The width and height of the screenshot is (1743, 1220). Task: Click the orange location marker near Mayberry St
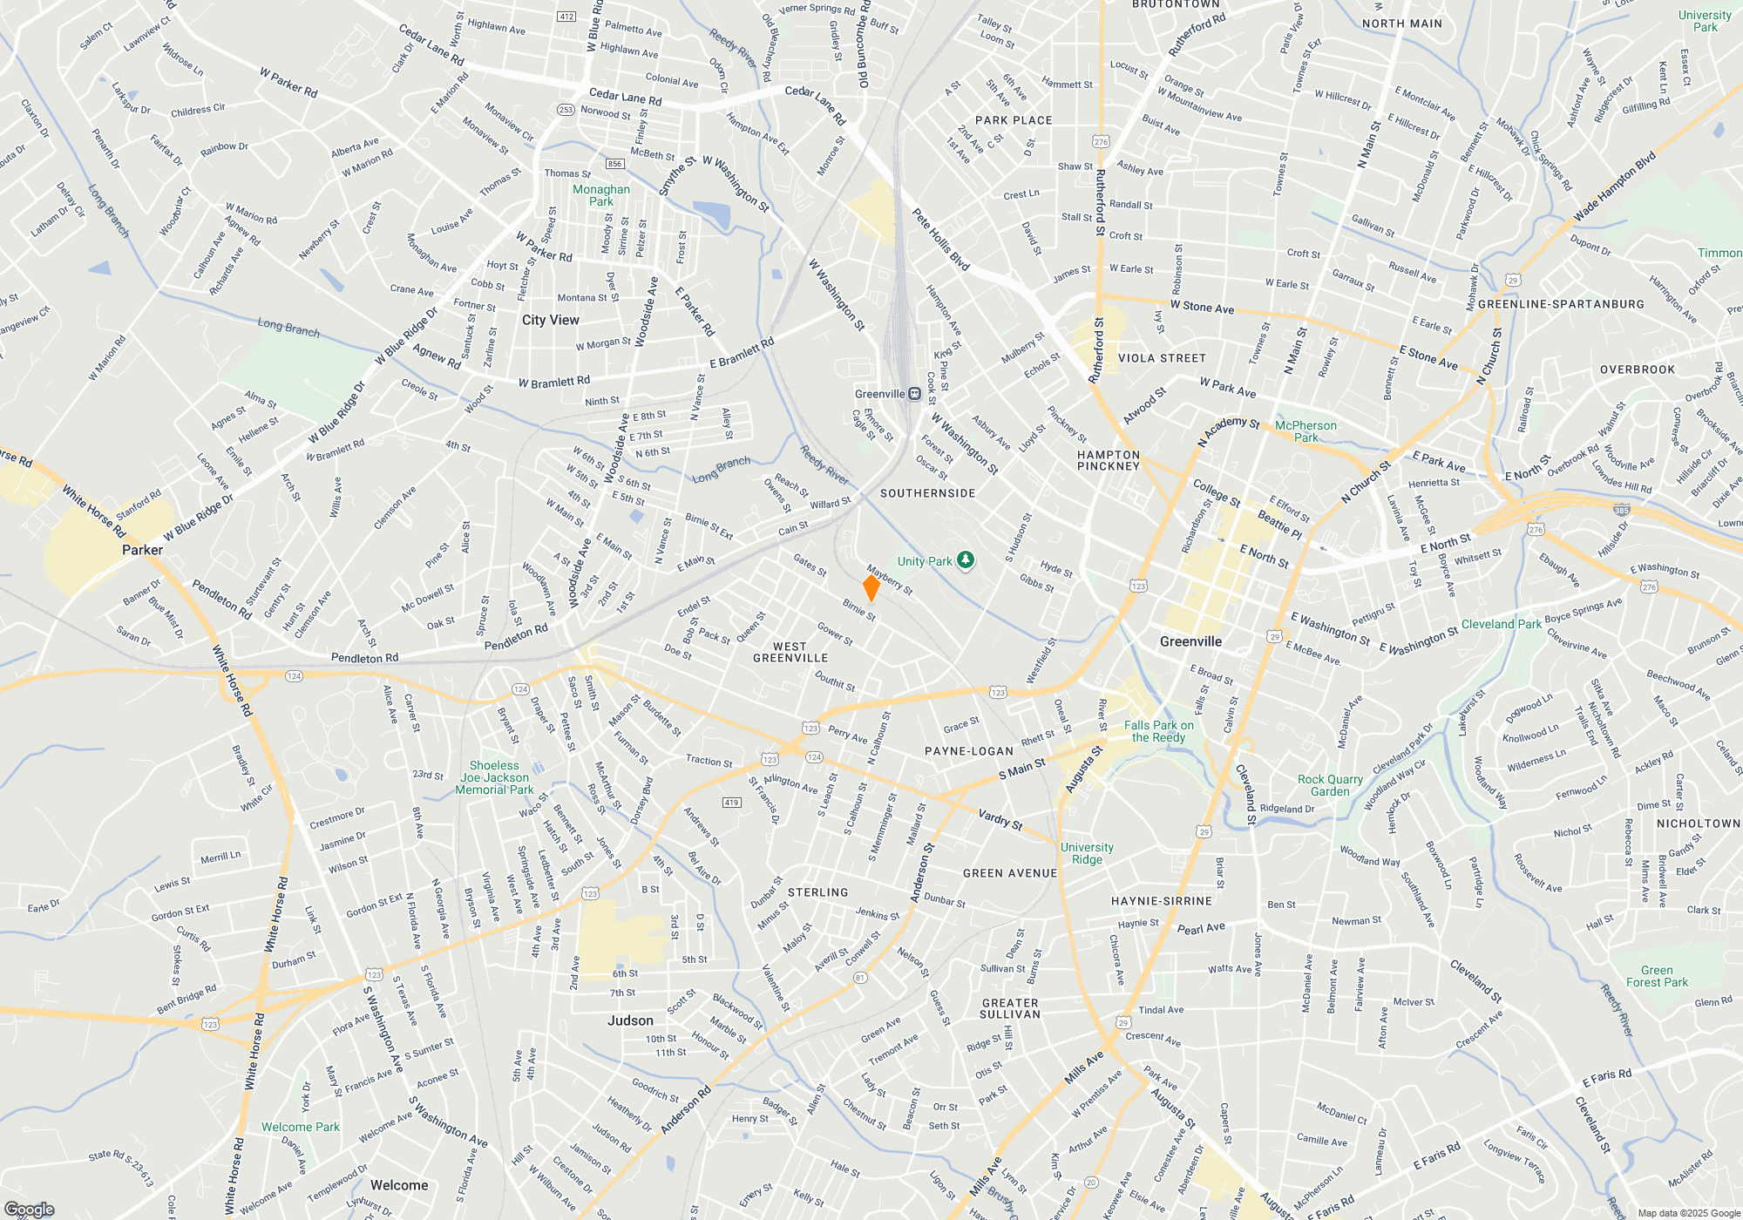click(871, 587)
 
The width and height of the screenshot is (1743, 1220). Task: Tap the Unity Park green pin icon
click(965, 560)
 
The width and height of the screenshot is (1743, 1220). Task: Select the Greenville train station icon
click(914, 394)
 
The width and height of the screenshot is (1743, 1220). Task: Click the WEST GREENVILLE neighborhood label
click(790, 653)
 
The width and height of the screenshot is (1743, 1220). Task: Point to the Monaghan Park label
click(601, 195)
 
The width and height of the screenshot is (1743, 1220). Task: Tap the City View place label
click(551, 320)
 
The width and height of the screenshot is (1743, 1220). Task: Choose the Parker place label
click(142, 550)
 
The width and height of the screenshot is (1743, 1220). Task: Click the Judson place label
click(630, 1020)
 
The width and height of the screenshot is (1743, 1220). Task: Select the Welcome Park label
click(301, 1127)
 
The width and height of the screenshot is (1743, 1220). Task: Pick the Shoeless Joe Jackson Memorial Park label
click(494, 777)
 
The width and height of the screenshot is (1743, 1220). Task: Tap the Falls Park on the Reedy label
click(1158, 731)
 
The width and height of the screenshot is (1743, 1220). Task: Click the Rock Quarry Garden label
click(1330, 785)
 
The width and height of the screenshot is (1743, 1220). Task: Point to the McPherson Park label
click(1306, 431)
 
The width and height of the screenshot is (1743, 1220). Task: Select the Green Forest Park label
click(1657, 976)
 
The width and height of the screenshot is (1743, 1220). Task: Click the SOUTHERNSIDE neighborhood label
click(928, 493)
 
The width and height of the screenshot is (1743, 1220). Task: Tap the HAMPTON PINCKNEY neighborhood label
click(1109, 460)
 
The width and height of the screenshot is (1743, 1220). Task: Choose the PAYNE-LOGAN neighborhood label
click(969, 751)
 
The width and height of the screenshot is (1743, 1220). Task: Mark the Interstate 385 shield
click(1621, 511)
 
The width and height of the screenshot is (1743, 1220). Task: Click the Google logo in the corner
click(30, 1210)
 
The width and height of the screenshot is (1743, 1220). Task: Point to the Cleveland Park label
click(1502, 624)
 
